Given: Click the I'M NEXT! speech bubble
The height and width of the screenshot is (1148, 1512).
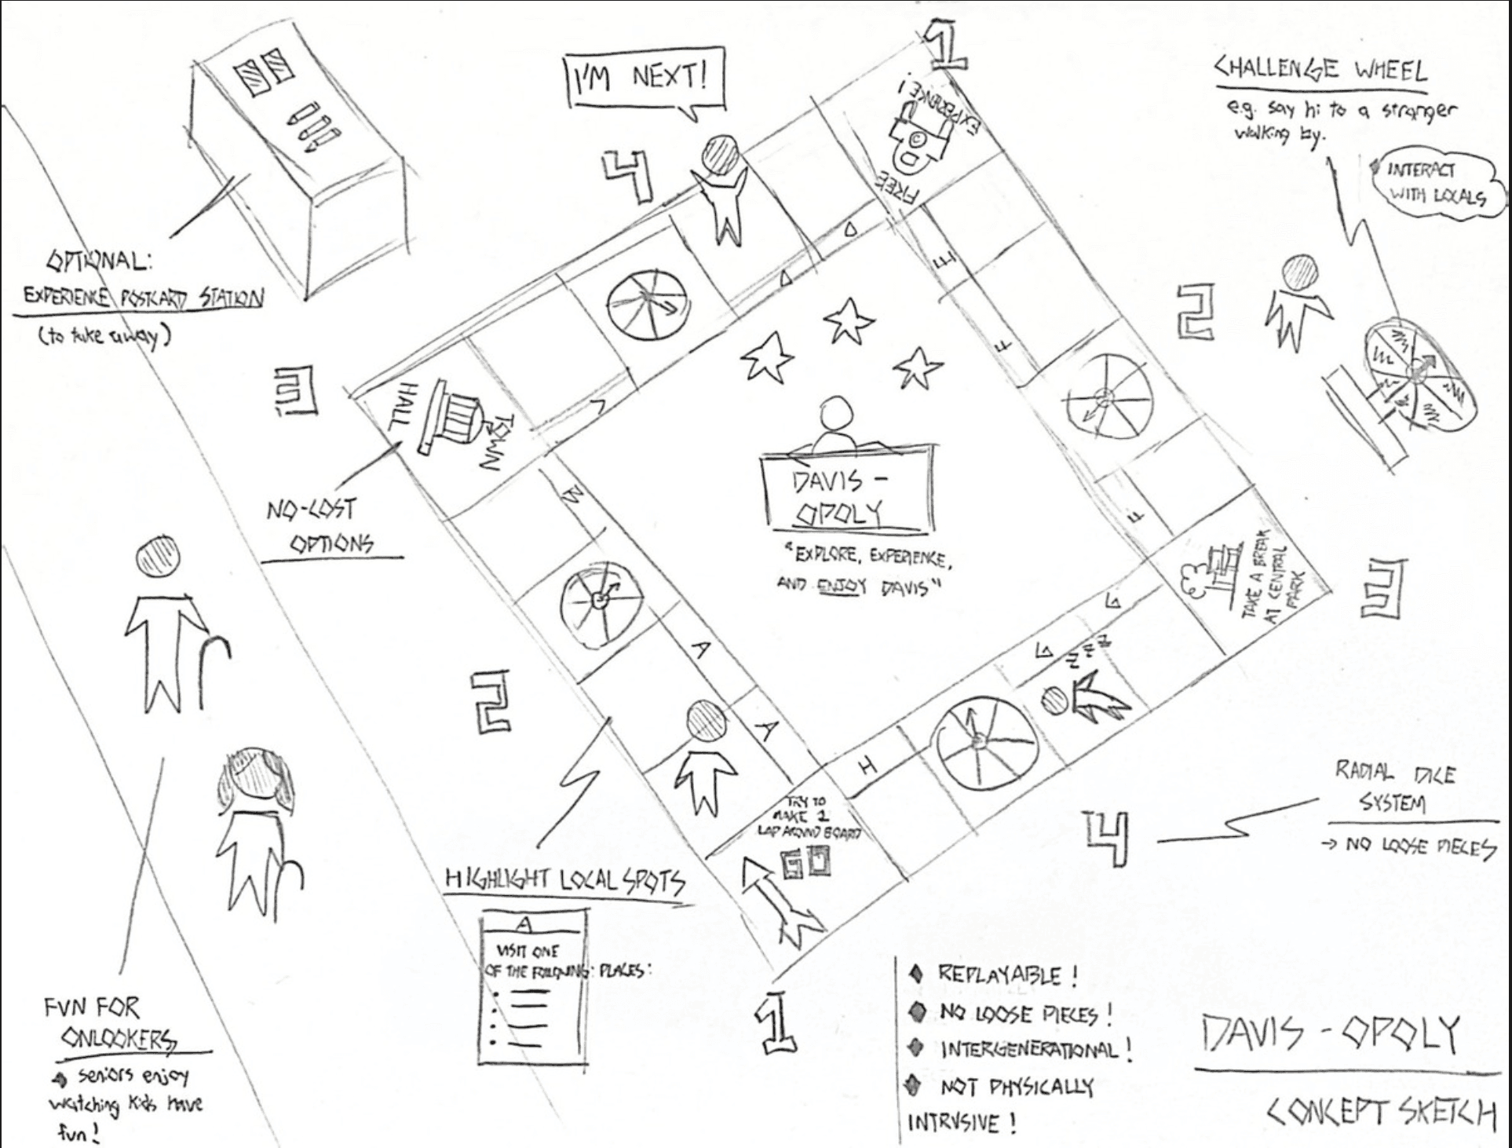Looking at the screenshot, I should coord(644,79).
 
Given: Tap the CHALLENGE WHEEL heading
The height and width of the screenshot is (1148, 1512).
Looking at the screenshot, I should coord(1321,71).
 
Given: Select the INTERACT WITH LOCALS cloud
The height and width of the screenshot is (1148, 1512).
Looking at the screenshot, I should coord(1436,184).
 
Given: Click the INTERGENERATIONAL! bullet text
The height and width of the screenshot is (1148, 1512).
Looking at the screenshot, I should coord(1035,1049).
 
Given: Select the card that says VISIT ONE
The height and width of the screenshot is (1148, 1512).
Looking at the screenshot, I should coord(535,985).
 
